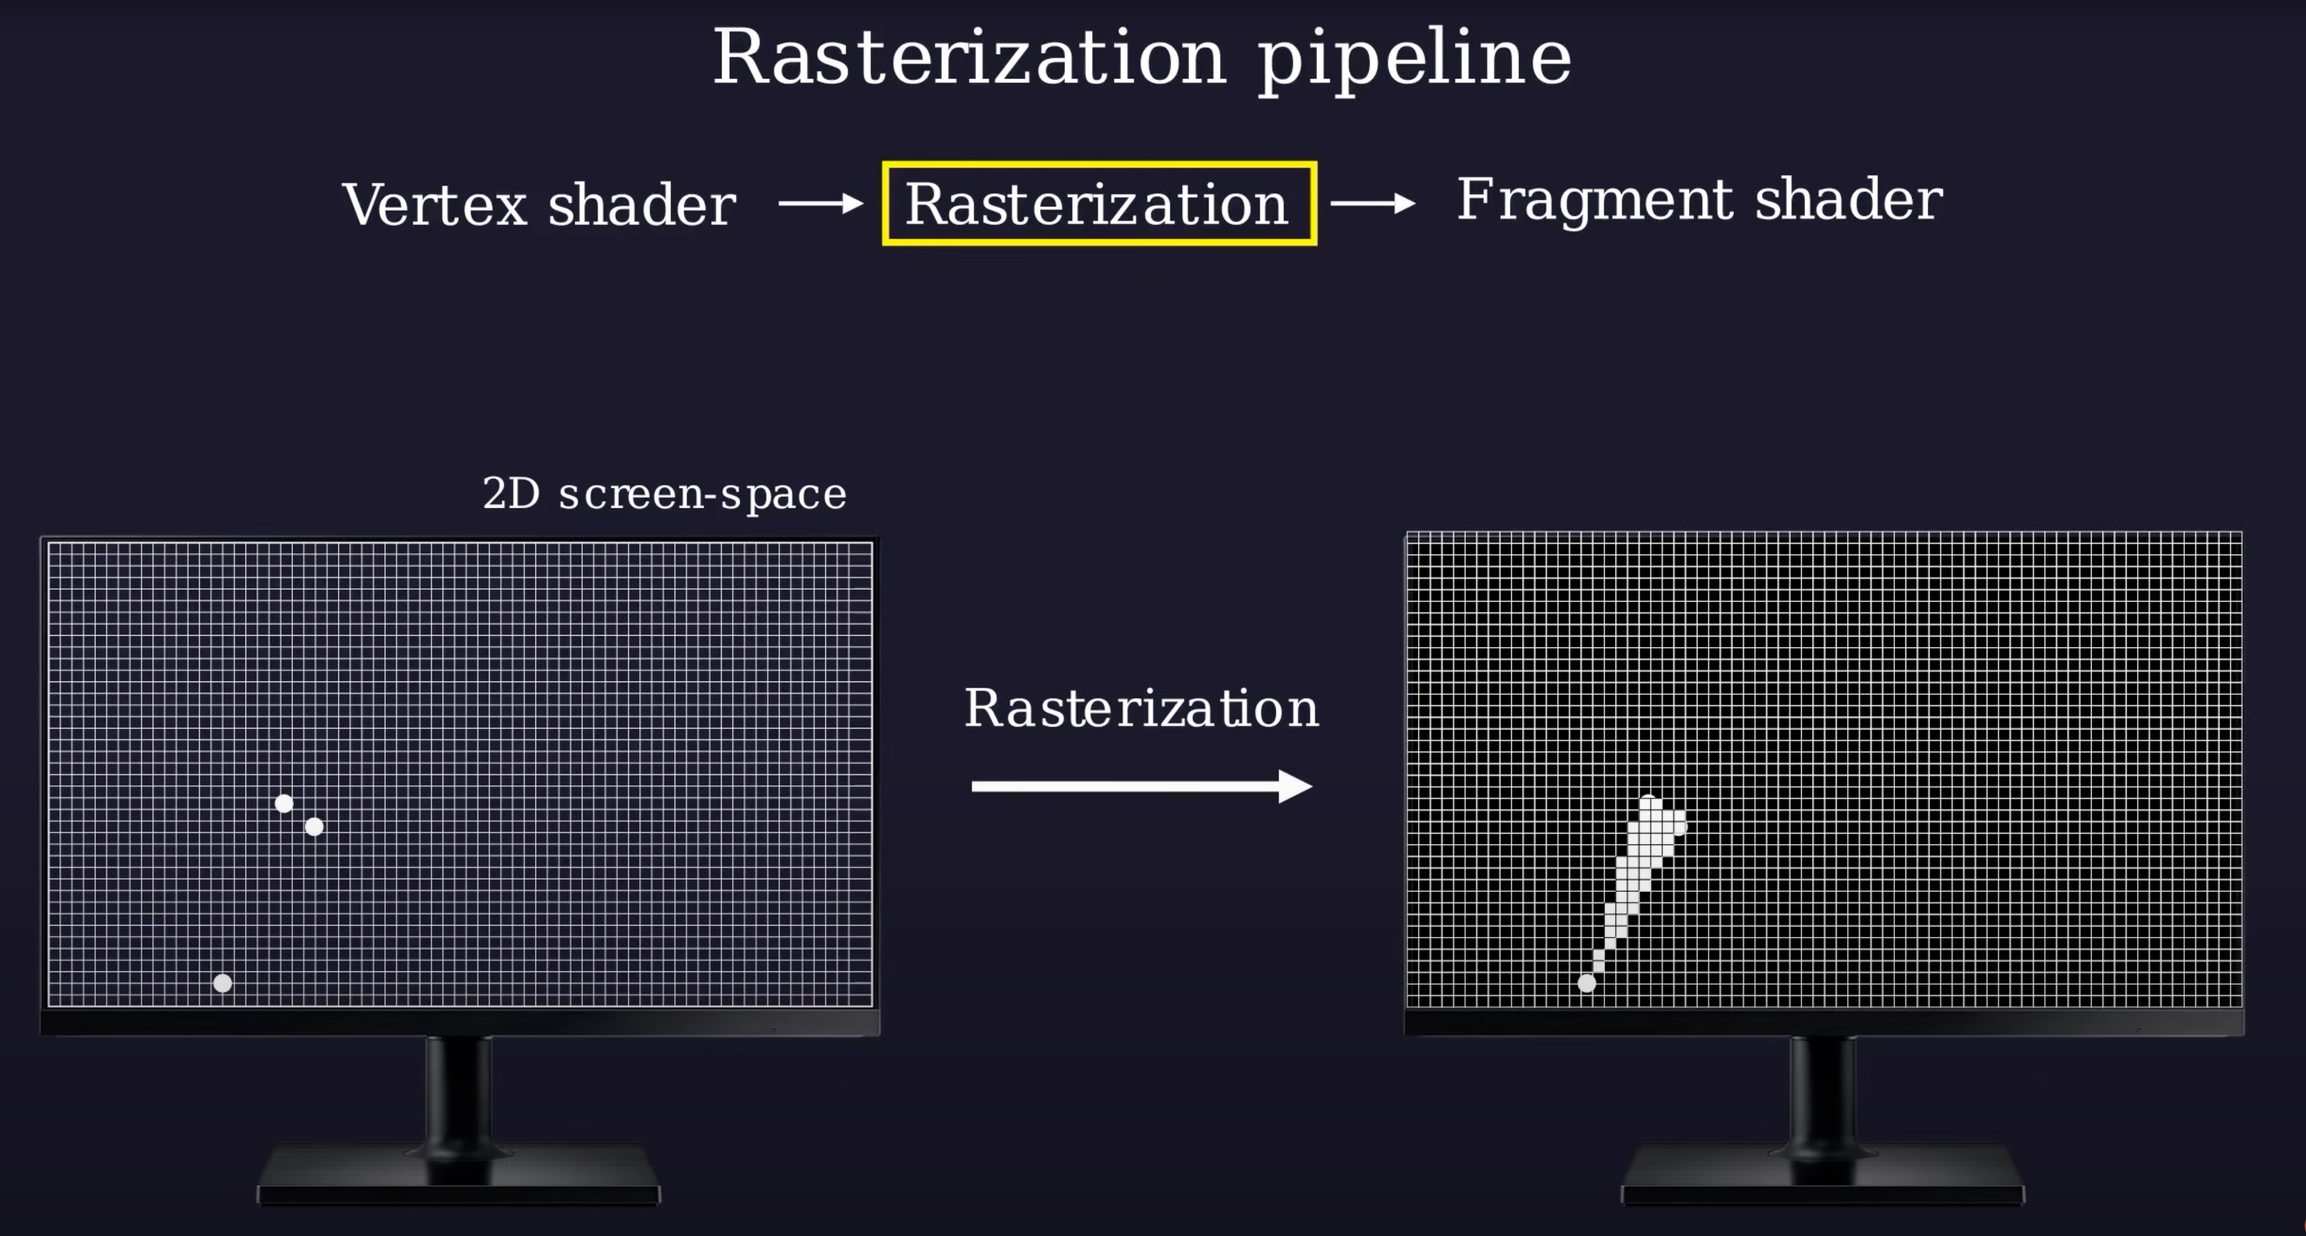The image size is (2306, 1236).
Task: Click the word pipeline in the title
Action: [1414, 61]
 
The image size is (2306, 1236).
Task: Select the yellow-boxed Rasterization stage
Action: [1099, 203]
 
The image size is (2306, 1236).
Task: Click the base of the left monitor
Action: [458, 1177]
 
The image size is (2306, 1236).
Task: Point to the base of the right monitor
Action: [1823, 1177]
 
